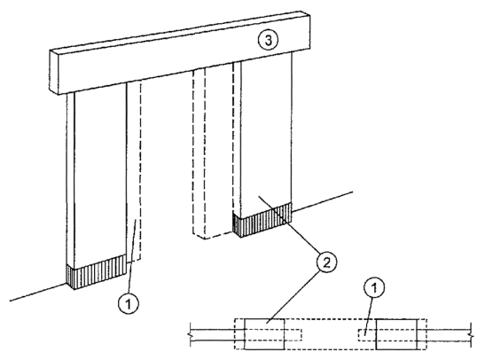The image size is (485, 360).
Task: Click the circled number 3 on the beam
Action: click(268, 41)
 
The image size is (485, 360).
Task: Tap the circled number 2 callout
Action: click(326, 263)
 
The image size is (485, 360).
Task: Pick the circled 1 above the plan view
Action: click(373, 288)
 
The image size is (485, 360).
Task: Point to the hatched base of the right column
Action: click(262, 220)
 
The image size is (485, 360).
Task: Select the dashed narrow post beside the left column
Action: click(134, 172)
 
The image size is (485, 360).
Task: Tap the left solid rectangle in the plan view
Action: click(264, 334)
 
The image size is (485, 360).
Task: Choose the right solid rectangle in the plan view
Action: click(396, 334)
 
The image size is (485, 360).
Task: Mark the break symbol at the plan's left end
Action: click(190, 334)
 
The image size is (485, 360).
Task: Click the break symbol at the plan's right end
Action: click(471, 334)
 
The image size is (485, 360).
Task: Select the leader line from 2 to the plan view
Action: click(293, 296)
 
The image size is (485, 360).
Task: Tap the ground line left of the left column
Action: click(38, 293)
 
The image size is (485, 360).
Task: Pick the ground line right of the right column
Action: click(323, 201)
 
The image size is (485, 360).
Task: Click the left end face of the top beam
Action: click(54, 72)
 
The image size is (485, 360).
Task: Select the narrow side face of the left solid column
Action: click(71, 179)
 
